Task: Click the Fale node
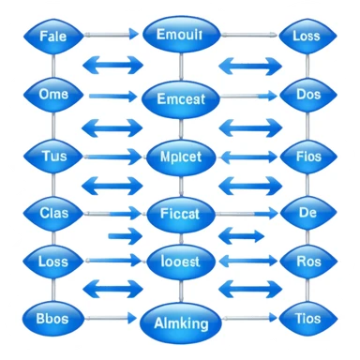pyautogui.click(x=54, y=37)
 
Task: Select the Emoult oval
pyautogui.click(x=181, y=37)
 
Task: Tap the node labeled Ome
pyautogui.click(x=54, y=95)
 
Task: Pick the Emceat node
pyautogui.click(x=181, y=97)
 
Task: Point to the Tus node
pyautogui.click(x=54, y=155)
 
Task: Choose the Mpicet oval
pyautogui.click(x=181, y=156)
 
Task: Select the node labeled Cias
pyautogui.click(x=54, y=212)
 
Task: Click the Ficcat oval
pyautogui.click(x=181, y=214)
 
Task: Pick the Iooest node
pyautogui.click(x=181, y=262)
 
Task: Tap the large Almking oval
pyautogui.click(x=181, y=322)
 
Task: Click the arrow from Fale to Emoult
pyautogui.click(x=112, y=36)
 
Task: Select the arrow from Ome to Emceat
pyautogui.click(x=112, y=95)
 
